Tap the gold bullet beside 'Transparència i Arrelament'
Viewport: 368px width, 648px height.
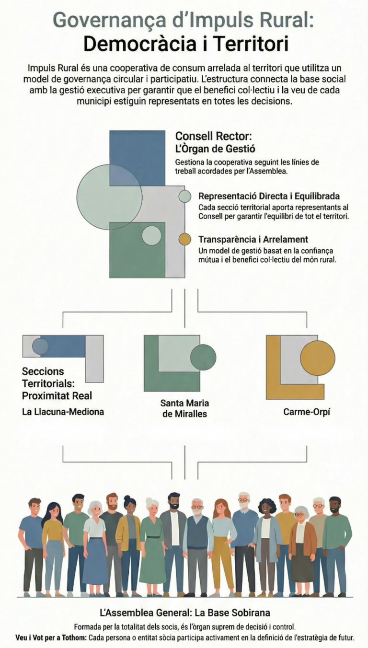[x=184, y=239]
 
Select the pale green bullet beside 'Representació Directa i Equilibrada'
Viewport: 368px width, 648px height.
[x=184, y=196]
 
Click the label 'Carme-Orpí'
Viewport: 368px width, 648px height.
[x=300, y=411]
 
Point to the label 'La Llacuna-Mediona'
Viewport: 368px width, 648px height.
[x=63, y=411]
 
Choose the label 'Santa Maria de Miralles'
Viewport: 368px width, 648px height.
[x=184, y=408]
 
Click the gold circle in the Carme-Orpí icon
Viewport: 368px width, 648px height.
[x=317, y=358]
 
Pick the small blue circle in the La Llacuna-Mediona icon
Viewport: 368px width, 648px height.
[x=40, y=346]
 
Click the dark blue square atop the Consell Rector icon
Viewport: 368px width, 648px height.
[x=138, y=158]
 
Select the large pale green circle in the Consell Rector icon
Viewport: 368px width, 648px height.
[x=109, y=197]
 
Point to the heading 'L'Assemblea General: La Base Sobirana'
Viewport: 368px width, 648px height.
[x=184, y=613]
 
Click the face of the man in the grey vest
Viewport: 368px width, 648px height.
[x=197, y=508]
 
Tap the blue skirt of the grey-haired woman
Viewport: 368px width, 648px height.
[x=95, y=561]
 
